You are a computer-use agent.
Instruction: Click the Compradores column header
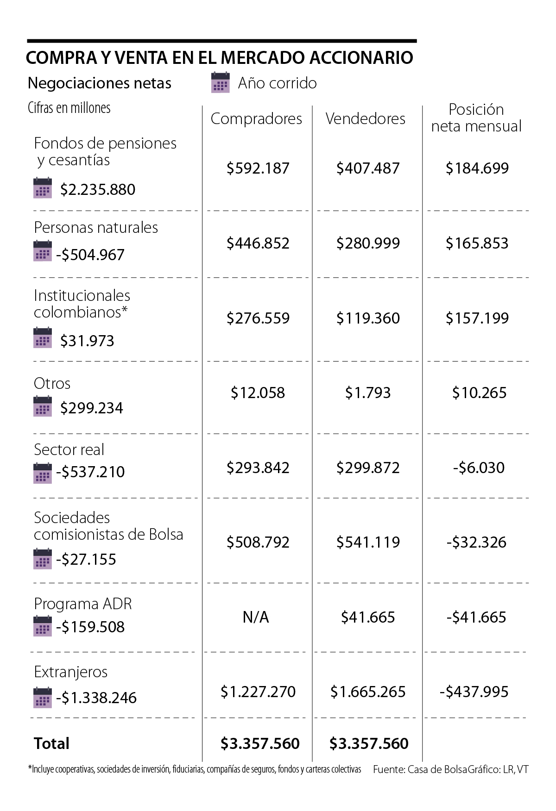(x=256, y=119)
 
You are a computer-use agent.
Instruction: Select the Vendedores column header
(x=366, y=119)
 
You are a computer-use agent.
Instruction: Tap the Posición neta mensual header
(x=476, y=118)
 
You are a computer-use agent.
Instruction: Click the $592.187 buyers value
(x=258, y=168)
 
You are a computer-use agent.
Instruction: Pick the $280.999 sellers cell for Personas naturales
(x=368, y=243)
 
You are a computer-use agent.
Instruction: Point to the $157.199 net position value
(x=477, y=318)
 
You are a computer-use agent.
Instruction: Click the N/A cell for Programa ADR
(x=256, y=617)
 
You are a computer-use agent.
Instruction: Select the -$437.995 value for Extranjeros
(x=474, y=692)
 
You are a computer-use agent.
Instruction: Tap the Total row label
(x=52, y=743)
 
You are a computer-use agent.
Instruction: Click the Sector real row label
(x=69, y=449)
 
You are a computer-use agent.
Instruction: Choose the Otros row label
(x=52, y=383)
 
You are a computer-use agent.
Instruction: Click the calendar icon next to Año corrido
(x=220, y=82)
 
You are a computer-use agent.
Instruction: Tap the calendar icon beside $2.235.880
(x=43, y=188)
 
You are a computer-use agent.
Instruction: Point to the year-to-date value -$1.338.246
(x=96, y=698)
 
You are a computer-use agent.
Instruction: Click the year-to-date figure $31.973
(x=87, y=341)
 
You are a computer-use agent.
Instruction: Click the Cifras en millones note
(x=69, y=108)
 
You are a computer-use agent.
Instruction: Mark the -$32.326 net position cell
(x=476, y=542)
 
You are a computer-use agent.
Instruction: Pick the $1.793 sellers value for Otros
(x=368, y=393)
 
